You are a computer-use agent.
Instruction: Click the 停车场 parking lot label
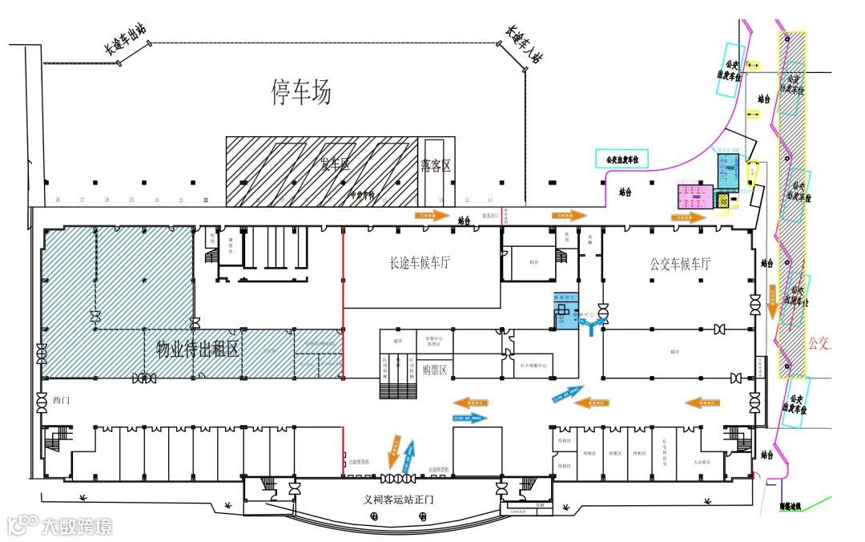tap(300, 94)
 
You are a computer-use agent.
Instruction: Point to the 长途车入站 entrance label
tap(525, 45)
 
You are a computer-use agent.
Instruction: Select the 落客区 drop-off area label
tap(436, 166)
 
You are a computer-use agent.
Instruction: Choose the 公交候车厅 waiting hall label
tap(680, 263)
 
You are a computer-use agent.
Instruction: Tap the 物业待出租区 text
tap(197, 349)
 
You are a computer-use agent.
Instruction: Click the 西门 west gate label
tap(62, 398)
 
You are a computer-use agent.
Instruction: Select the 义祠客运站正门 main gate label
tap(398, 500)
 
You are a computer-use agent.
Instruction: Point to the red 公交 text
tap(821, 345)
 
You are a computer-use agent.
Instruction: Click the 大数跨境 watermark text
tap(77, 526)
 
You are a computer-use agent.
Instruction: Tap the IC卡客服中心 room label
tap(533, 365)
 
